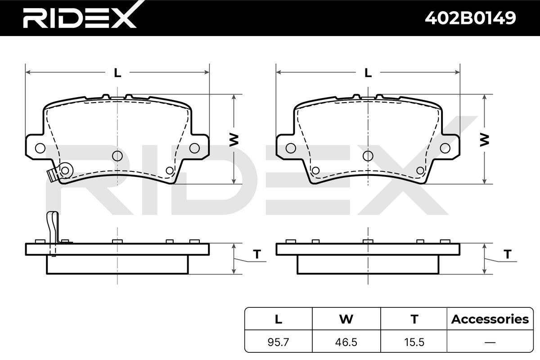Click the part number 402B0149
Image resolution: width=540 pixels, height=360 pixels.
tap(470, 18)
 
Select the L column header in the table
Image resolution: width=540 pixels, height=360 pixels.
tap(279, 319)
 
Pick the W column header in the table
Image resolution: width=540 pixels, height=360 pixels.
tap(346, 319)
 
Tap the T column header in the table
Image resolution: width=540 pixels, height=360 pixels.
tap(414, 319)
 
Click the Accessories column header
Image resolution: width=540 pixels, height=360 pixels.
tap(490, 319)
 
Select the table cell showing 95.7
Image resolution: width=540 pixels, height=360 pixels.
tap(278, 342)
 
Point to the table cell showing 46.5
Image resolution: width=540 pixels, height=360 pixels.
tap(346, 342)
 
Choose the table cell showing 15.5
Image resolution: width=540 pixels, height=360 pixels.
tap(414, 342)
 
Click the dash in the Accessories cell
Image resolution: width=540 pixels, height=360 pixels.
tap(490, 342)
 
